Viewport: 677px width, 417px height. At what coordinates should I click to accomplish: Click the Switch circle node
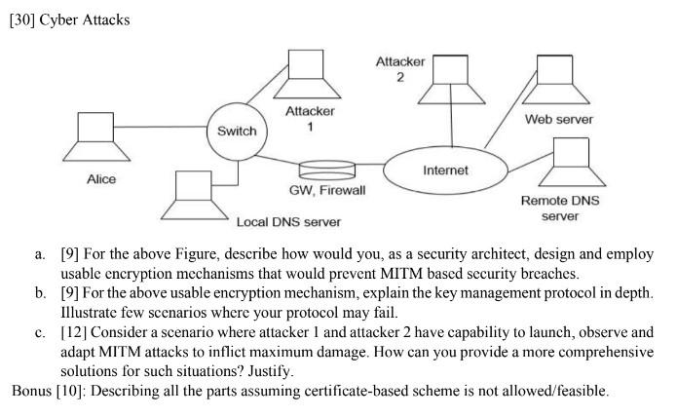click(x=237, y=131)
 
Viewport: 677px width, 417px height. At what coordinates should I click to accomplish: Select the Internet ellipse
click(x=445, y=170)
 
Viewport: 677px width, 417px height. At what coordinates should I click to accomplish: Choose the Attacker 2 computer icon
click(x=451, y=79)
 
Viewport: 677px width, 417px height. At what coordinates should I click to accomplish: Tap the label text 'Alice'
click(x=101, y=179)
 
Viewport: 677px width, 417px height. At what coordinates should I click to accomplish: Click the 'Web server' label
click(x=559, y=119)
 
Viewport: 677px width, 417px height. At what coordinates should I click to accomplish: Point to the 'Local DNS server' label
click(x=289, y=222)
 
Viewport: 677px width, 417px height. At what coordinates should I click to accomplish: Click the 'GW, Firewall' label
click(x=327, y=190)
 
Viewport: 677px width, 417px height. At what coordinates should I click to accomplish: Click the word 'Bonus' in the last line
click(x=32, y=392)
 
